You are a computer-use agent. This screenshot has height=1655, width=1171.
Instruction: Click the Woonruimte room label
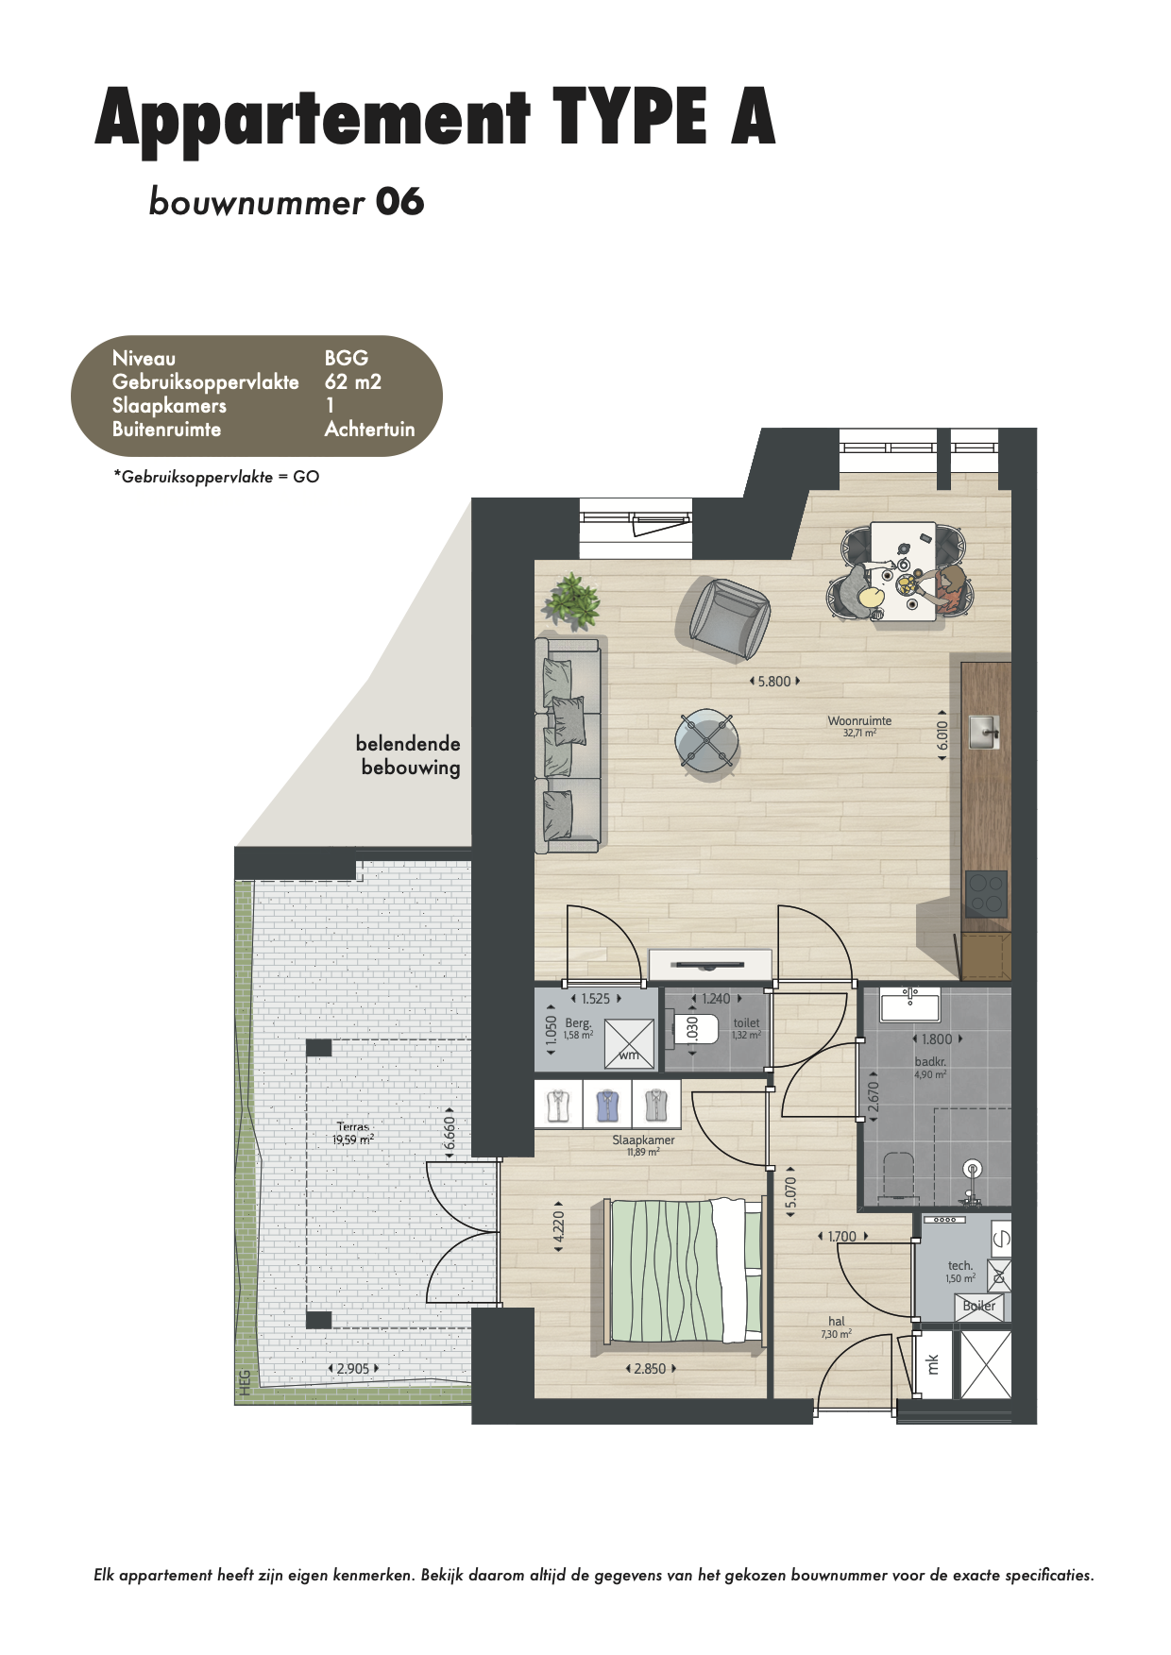click(859, 720)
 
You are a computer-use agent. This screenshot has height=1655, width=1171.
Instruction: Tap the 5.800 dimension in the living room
click(774, 681)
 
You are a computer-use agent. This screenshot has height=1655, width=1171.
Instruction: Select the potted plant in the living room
click(572, 600)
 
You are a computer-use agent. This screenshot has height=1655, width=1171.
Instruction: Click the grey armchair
click(723, 618)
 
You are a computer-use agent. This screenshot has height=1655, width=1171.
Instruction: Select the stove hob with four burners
click(986, 894)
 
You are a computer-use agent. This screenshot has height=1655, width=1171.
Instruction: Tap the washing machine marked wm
click(629, 1042)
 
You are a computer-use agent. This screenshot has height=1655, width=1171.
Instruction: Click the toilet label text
click(746, 1022)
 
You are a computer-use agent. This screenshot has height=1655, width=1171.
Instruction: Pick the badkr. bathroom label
click(930, 1062)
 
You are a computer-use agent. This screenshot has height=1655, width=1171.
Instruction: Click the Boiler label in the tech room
click(979, 1306)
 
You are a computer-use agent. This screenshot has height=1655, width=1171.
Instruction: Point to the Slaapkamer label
click(643, 1140)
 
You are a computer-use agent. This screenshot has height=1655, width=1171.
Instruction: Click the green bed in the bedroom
click(684, 1271)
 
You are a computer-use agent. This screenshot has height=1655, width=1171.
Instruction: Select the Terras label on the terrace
click(353, 1126)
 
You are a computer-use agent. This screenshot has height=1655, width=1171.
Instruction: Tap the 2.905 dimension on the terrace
click(353, 1368)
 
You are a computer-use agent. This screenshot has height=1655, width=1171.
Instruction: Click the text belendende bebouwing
click(409, 755)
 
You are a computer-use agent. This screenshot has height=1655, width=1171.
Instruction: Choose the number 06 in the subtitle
click(399, 202)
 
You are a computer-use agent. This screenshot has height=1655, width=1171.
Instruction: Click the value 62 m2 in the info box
click(353, 381)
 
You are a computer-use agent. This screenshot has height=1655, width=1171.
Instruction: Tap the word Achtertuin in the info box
click(369, 429)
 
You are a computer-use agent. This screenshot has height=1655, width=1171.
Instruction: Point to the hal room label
click(837, 1322)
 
